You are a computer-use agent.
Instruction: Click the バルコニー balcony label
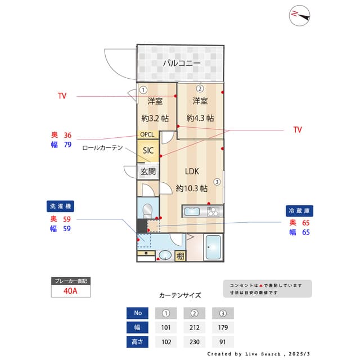pyautogui.click(x=181, y=64)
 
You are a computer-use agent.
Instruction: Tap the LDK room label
pyautogui.click(x=191, y=172)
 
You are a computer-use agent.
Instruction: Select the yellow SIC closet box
pyautogui.click(x=148, y=151)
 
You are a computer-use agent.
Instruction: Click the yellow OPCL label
pyautogui.click(x=147, y=134)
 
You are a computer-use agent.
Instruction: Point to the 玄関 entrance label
pyautogui.click(x=148, y=172)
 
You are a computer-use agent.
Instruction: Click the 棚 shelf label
pyautogui.click(x=179, y=256)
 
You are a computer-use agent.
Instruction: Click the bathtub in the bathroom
pyautogui.click(x=214, y=247)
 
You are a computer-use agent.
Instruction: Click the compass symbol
pyautogui.click(x=300, y=16)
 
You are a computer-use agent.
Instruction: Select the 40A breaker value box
pyautogui.click(x=70, y=291)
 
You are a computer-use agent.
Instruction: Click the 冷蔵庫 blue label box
pyautogui.click(x=300, y=210)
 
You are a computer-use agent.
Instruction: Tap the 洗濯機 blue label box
pyautogui.click(x=61, y=206)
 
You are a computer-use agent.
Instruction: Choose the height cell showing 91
pyautogui.click(x=223, y=341)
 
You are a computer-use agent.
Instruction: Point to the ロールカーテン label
pyautogui.click(x=102, y=147)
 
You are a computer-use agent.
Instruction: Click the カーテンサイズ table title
pyautogui.click(x=180, y=295)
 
